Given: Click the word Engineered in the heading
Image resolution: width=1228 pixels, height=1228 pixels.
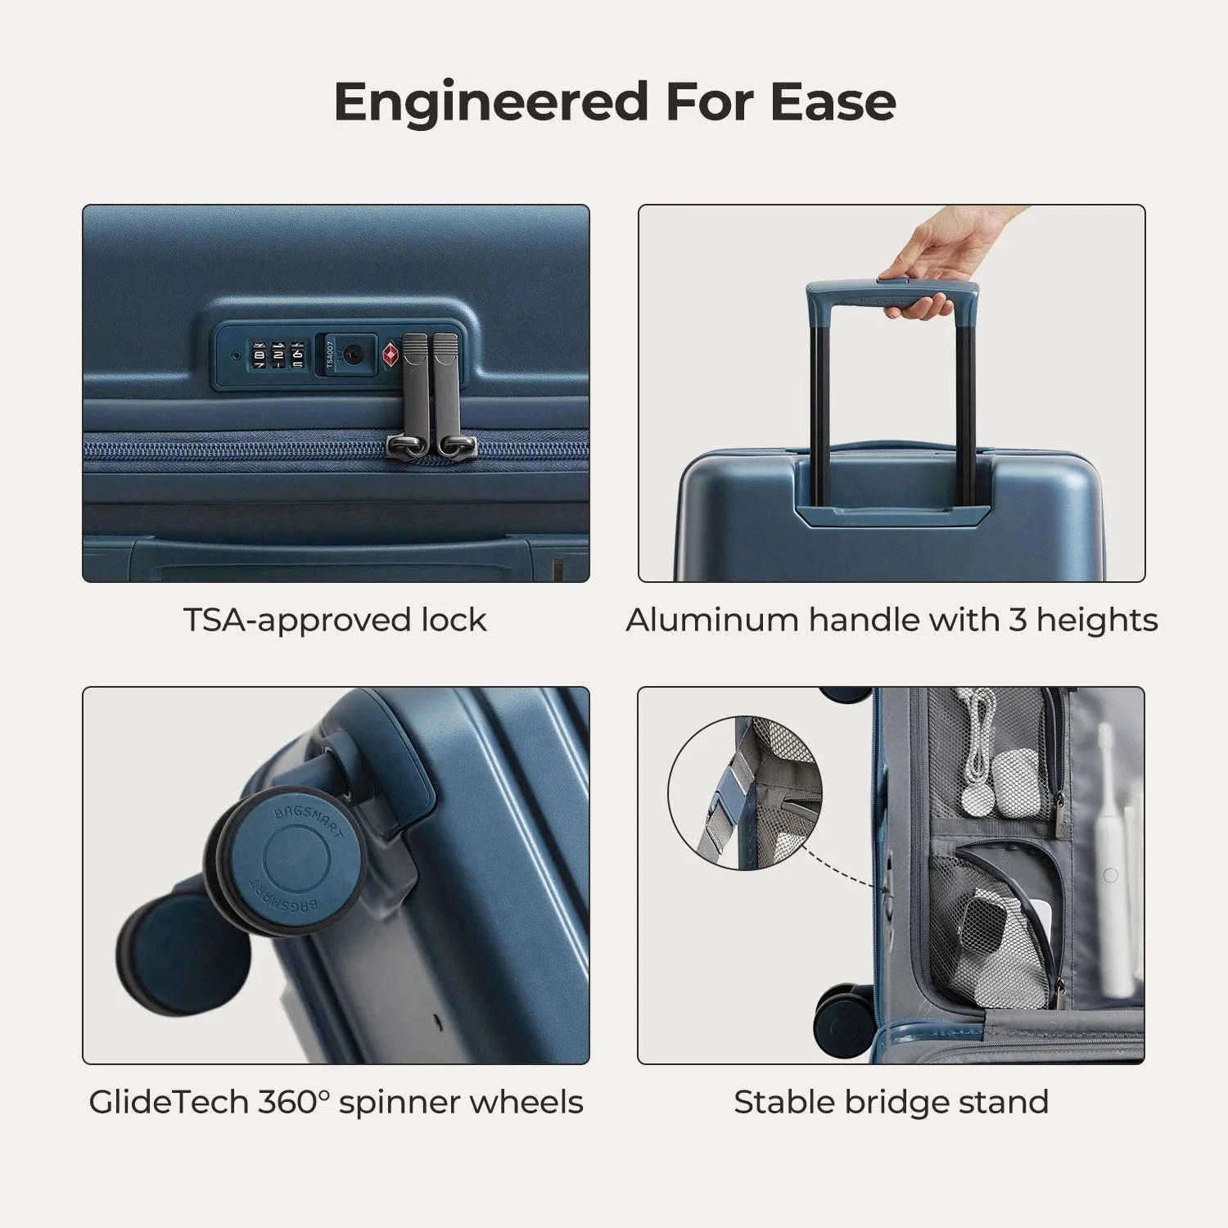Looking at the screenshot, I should point(491,102).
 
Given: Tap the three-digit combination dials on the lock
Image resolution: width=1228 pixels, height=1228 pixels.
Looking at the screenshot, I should point(278,354).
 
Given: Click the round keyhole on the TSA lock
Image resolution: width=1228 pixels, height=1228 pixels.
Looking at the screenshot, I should point(353,354).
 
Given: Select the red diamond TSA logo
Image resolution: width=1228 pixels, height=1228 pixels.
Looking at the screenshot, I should point(391,355).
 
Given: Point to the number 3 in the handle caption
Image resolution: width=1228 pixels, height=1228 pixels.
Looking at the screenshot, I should point(1018,620).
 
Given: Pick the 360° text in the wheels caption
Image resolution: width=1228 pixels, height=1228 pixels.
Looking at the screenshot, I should point(293,1102).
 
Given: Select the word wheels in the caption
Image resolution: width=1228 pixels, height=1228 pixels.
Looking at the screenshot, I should point(536,1102).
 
